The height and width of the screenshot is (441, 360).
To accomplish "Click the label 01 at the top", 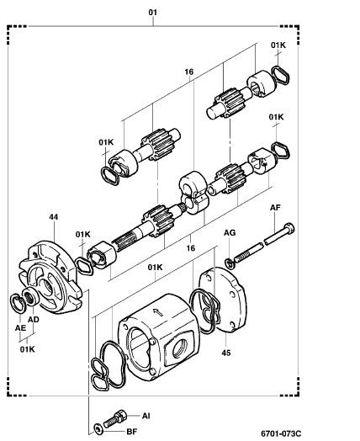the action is coord(152,13).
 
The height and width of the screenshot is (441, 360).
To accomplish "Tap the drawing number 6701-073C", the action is coord(281,433).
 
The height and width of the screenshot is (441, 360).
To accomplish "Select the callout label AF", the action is coord(275,208).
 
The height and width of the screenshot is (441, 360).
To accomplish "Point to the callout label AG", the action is coord(230,232).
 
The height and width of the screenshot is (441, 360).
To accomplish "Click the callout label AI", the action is coord(146,416).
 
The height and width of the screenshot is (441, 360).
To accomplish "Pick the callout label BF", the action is coord(131,431).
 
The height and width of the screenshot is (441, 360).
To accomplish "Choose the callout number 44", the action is coord(53,217).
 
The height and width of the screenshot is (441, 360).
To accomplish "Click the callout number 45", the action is coord(226,353).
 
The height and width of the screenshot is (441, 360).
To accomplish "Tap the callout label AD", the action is coord(33,320).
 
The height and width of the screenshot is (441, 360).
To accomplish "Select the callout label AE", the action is coord(20,328).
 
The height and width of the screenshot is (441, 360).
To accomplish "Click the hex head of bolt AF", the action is coord(289,228).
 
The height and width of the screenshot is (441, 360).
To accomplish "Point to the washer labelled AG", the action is coord(230,263).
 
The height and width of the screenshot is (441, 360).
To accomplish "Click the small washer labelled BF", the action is coord(98,429).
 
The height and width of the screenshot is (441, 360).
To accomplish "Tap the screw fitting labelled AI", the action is coord(115,418).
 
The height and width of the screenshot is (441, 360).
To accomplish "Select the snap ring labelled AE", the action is coord(18,303).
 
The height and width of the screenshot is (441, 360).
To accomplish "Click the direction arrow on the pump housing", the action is coord(158,311).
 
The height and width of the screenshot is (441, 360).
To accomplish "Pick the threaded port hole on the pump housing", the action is coord(180,348).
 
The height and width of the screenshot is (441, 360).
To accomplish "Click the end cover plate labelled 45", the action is coord(224,300).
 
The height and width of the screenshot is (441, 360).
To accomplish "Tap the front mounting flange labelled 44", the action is coord(50,277).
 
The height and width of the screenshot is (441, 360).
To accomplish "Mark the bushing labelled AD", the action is coord(29,296).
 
